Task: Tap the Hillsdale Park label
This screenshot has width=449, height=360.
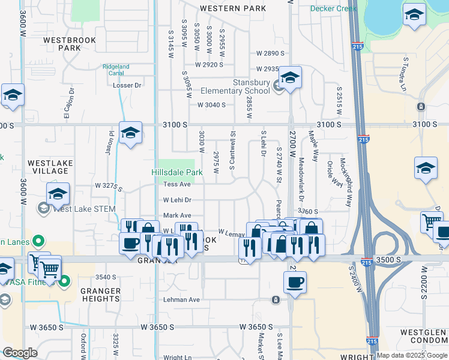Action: pyautogui.click(x=177, y=172)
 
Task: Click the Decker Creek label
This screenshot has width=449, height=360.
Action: pyautogui.click(x=333, y=8)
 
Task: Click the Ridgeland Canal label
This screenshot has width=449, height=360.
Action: pyautogui.click(x=116, y=70)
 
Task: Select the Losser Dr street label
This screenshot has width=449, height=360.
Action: pyautogui.click(x=127, y=85)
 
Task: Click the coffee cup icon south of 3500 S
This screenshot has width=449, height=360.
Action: pyautogui.click(x=295, y=281)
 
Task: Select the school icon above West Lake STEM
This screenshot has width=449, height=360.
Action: pyautogui.click(x=58, y=193)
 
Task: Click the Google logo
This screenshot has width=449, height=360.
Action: pyautogui.click(x=20, y=353)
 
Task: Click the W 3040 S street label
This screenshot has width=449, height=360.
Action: pyautogui.click(x=211, y=105)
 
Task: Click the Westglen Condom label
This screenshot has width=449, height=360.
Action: pyautogui.click(x=423, y=337)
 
